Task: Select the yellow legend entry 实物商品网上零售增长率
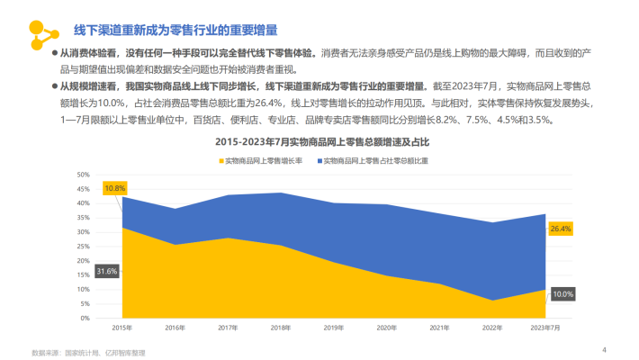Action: pos(269,159)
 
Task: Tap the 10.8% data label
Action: pos(114,188)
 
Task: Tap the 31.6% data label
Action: pos(107,271)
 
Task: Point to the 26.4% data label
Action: pos(561,229)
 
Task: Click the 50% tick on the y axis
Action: pos(83,175)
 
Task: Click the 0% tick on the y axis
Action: pos(85,318)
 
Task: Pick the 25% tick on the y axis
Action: pos(83,246)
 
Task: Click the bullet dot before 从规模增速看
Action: pos(55,86)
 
